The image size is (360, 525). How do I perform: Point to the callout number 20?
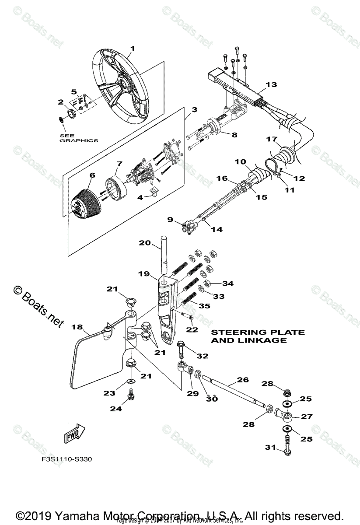145,242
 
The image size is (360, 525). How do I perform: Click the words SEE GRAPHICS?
78,138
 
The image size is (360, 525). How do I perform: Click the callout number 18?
77,327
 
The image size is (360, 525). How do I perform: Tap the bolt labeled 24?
130,396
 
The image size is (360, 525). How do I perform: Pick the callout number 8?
234,135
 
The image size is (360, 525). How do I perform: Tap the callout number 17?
272,140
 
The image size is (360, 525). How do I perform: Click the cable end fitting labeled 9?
187,227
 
